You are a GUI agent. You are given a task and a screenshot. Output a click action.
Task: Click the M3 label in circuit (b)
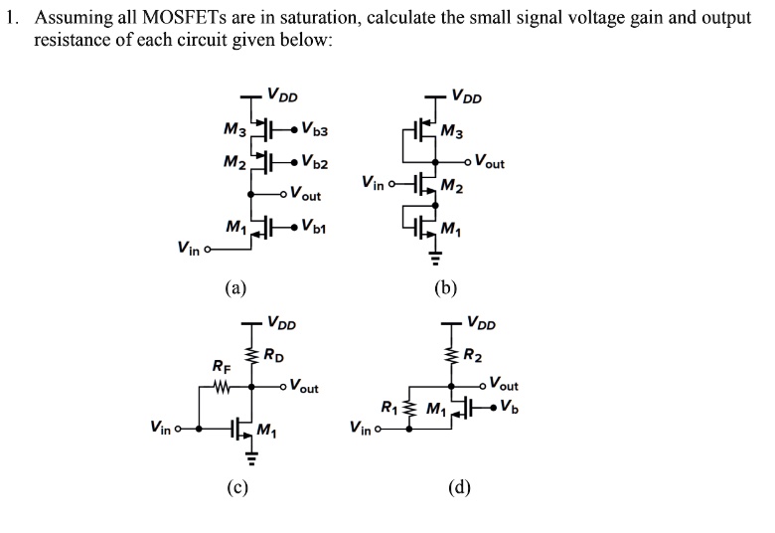[x=451, y=130]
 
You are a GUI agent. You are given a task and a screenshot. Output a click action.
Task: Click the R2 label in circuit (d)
[x=473, y=356]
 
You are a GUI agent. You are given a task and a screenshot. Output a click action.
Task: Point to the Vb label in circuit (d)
[x=509, y=405]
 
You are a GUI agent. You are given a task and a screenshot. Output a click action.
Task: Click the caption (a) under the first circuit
[x=234, y=287]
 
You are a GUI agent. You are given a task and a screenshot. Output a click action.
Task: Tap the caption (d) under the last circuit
[x=458, y=486]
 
